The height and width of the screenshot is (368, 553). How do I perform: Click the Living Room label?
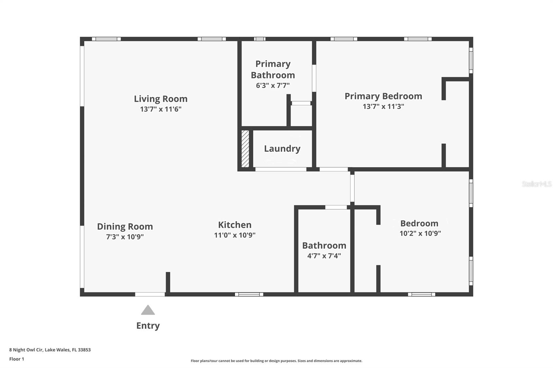pos(161,99)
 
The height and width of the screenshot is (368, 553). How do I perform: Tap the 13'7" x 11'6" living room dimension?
pos(161,109)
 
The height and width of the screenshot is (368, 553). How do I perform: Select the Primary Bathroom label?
pos(273,69)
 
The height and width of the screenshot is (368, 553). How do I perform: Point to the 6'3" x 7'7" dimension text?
pos(273,86)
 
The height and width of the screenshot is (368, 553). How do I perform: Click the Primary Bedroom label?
pos(383,96)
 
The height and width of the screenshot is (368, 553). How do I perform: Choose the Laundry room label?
pos(282,149)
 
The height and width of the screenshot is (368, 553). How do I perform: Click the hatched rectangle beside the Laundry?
pos(245,149)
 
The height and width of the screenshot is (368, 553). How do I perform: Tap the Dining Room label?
pos(125,227)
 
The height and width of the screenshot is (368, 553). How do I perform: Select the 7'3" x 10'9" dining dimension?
pos(125,237)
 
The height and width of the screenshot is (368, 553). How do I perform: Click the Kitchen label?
pos(235,225)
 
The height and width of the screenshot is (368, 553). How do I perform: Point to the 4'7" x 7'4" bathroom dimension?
pos(324,256)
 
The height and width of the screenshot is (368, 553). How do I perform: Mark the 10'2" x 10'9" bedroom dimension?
pos(420,234)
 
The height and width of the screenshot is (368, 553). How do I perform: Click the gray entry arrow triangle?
pos(148,310)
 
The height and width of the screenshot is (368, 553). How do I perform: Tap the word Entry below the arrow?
pos(148,326)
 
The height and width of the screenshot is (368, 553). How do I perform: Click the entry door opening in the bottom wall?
pos(150,294)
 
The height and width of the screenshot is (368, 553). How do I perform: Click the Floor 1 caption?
pos(17,359)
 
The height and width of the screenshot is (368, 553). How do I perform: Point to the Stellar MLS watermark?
pos(536,184)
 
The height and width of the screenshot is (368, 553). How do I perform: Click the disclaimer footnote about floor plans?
pos(276,361)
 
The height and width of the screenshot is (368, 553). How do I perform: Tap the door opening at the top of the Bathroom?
pos(336,207)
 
